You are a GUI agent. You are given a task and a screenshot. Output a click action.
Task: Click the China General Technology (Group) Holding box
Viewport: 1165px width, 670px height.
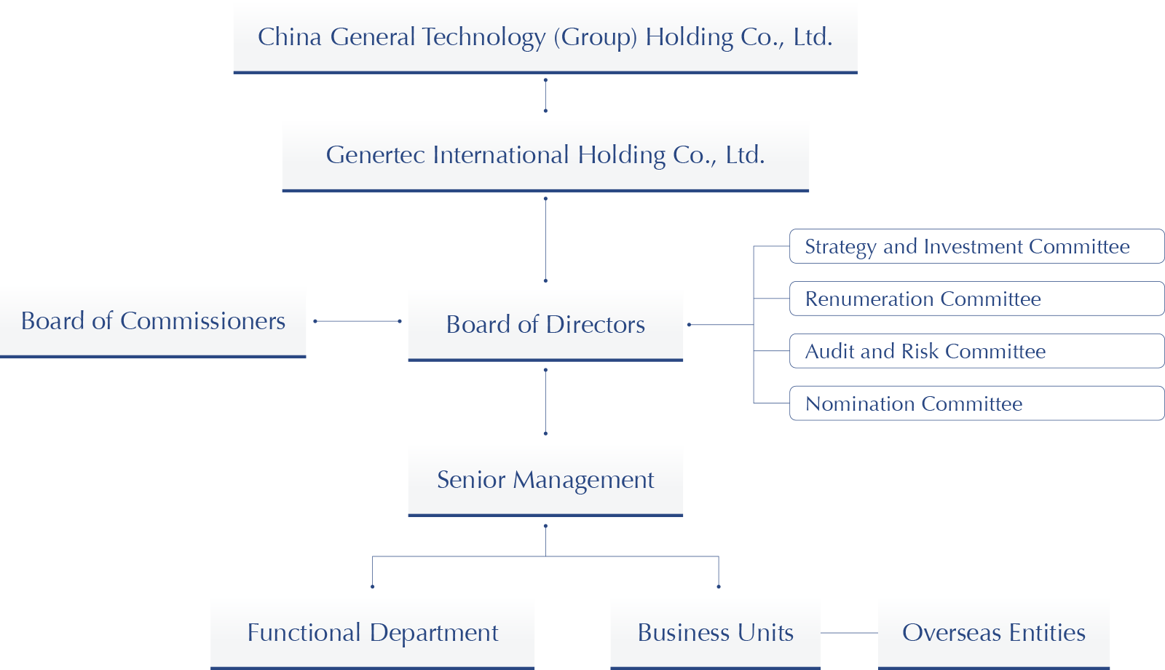click(545, 36)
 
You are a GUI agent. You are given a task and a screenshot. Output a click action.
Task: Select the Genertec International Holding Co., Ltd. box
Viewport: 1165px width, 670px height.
click(545, 154)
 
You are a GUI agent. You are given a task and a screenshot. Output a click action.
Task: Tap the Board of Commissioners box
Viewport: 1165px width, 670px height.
click(153, 320)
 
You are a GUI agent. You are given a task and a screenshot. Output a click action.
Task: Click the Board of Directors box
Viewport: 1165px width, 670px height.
click(545, 324)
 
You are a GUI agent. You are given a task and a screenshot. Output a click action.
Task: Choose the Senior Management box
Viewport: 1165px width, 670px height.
click(545, 479)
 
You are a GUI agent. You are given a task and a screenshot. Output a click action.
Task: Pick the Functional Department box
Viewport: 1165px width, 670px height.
click(372, 632)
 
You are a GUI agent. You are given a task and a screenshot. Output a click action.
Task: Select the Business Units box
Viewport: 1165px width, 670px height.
click(715, 632)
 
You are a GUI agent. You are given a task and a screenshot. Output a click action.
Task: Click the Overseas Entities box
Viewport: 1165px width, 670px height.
click(993, 632)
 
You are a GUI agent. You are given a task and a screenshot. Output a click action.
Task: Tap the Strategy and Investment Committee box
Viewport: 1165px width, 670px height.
click(976, 246)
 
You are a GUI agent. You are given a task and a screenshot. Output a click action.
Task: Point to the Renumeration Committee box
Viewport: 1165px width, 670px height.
click(976, 299)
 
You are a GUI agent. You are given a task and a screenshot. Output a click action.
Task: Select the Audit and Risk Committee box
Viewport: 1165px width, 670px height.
click(976, 351)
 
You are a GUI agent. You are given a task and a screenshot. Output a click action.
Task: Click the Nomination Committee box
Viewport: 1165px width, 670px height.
click(976, 403)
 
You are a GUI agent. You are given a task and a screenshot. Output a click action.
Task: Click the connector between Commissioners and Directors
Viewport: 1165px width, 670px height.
click(358, 321)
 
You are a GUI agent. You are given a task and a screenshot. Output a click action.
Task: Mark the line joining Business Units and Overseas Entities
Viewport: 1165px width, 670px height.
click(850, 633)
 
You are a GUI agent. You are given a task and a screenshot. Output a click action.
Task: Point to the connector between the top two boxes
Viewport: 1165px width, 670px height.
click(545, 95)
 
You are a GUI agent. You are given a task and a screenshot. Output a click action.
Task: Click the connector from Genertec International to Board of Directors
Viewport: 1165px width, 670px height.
click(545, 239)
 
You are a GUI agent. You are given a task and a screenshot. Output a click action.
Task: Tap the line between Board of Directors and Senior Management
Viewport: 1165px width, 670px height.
click(545, 401)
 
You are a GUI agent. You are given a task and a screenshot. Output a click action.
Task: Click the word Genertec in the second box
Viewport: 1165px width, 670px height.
click(375, 154)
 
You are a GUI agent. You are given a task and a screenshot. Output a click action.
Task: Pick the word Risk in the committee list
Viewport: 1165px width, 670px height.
click(920, 351)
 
